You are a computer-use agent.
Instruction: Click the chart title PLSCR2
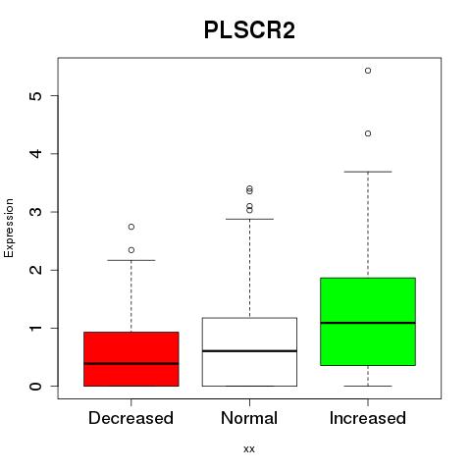[249, 30]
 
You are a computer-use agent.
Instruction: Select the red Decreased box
[131, 359]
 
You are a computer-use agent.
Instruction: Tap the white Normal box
[249, 352]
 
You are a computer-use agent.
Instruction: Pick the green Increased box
[368, 322]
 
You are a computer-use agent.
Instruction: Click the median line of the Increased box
[368, 323]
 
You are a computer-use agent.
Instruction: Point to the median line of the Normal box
[249, 351]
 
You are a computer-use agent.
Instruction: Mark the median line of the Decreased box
[131, 363]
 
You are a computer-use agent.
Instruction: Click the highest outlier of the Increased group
[368, 71]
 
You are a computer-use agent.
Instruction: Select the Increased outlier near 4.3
[368, 133]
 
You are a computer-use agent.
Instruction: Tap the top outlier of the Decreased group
[131, 227]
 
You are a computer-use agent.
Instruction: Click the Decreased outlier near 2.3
[131, 250]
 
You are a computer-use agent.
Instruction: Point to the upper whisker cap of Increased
[368, 172]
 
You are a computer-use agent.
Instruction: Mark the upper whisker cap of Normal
[249, 219]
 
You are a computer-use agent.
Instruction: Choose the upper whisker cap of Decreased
[131, 260]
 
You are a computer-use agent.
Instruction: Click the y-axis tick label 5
[35, 95]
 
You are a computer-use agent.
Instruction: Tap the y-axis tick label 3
[35, 212]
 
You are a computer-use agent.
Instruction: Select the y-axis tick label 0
[35, 387]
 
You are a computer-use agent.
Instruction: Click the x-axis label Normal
[249, 418]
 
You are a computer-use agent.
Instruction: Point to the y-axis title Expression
[9, 228]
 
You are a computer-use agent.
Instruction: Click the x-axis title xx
[249, 449]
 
